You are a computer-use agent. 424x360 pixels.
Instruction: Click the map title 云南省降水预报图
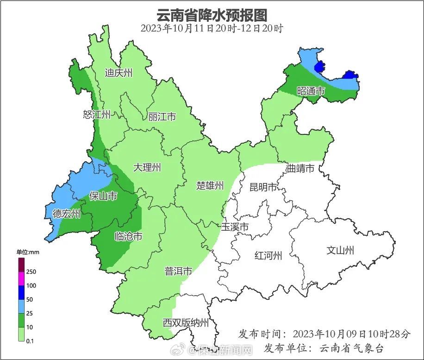point(212,15)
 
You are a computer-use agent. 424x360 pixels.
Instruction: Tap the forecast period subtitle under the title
point(212,28)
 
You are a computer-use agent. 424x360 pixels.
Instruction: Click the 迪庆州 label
point(118,73)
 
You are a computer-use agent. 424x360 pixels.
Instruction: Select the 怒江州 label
point(97,115)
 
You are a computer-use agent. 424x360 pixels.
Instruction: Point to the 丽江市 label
point(162,117)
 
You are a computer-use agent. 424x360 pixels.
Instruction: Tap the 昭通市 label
point(311,91)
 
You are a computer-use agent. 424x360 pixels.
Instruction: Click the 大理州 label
point(147,168)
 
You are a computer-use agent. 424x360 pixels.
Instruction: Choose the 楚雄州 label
point(210,186)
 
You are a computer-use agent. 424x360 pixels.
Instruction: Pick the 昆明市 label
point(263,187)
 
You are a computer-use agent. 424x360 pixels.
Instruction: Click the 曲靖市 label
point(300,168)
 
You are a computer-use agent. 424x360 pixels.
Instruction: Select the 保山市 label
point(103,196)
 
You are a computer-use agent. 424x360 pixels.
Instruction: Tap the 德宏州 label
point(66,214)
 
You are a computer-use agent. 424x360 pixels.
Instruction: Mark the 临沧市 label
point(128,237)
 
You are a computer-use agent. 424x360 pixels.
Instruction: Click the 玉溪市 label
point(235,227)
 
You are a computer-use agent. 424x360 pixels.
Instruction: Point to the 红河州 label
point(268,255)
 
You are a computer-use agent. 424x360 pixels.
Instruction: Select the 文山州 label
point(340,251)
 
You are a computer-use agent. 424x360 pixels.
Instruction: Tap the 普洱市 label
point(178,272)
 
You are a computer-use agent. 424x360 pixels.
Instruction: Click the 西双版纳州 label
point(186,323)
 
